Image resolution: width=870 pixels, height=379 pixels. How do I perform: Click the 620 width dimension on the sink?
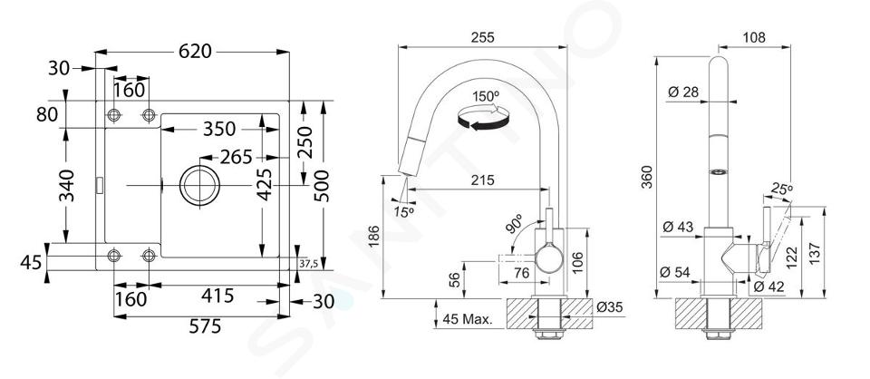[195, 52]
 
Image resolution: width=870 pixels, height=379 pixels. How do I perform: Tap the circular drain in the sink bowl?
[199, 185]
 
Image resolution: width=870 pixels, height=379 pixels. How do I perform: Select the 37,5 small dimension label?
[308, 264]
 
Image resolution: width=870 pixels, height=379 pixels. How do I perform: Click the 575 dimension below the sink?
[205, 326]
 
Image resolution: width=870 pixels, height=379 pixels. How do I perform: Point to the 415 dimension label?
[217, 296]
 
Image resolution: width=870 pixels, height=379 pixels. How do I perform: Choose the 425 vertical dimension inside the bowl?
[266, 184]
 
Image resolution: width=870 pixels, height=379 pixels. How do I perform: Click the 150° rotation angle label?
[486, 96]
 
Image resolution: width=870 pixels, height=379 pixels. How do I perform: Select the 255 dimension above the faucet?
[482, 38]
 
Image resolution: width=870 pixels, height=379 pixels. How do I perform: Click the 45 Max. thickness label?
[468, 319]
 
